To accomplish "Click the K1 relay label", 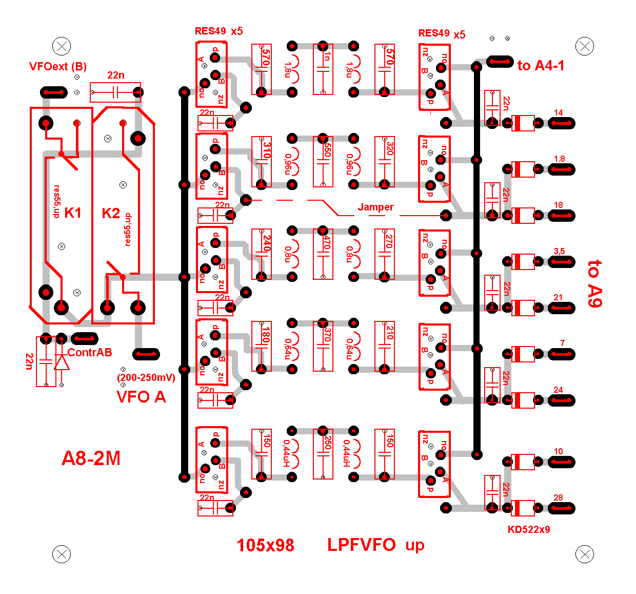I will [x=73, y=213].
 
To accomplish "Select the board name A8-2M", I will [x=91, y=458].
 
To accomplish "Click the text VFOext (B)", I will [x=58, y=66].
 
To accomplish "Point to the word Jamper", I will [x=375, y=207].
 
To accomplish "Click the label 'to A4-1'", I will [x=541, y=66].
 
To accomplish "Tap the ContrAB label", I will [x=90, y=352].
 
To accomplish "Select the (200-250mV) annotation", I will [x=146, y=378].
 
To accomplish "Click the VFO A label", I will [x=141, y=397].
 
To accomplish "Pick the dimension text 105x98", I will [x=265, y=545].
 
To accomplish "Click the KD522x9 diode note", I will [x=529, y=530].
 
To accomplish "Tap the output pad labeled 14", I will [x=562, y=123].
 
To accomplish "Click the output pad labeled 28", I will [x=562, y=508].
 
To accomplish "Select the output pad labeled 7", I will [x=562, y=354].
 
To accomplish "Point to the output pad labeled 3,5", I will [x=562, y=262].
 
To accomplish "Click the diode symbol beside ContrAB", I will [x=62, y=362].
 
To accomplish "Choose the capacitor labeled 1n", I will [x=323, y=69].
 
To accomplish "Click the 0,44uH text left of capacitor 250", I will [x=287, y=454].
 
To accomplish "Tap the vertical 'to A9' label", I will [x=595, y=283].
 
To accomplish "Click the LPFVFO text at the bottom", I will [x=362, y=545].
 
